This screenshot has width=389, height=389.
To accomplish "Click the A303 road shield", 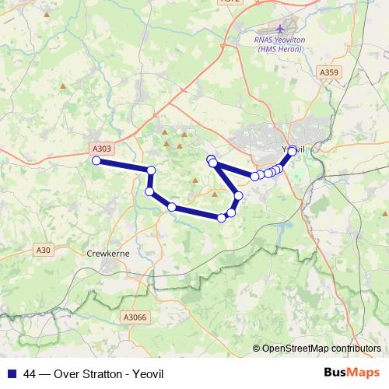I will tap(101, 149).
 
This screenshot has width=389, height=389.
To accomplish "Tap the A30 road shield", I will tap(44, 250).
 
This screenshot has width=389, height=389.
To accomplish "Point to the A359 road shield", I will tap(330, 72).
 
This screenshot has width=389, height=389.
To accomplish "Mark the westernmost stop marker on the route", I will tap(96, 161).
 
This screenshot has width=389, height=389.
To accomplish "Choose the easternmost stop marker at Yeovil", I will tap(293, 150).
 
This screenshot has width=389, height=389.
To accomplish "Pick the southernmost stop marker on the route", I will tap(222, 218).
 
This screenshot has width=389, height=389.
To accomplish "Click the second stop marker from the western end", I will tap(152, 170).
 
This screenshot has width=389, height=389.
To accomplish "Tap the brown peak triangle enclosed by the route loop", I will tap(215, 189).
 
